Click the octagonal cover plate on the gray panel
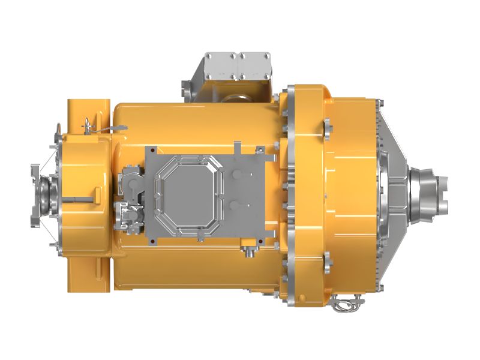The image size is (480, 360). (187, 196)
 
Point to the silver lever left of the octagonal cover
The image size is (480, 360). (131, 181)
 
